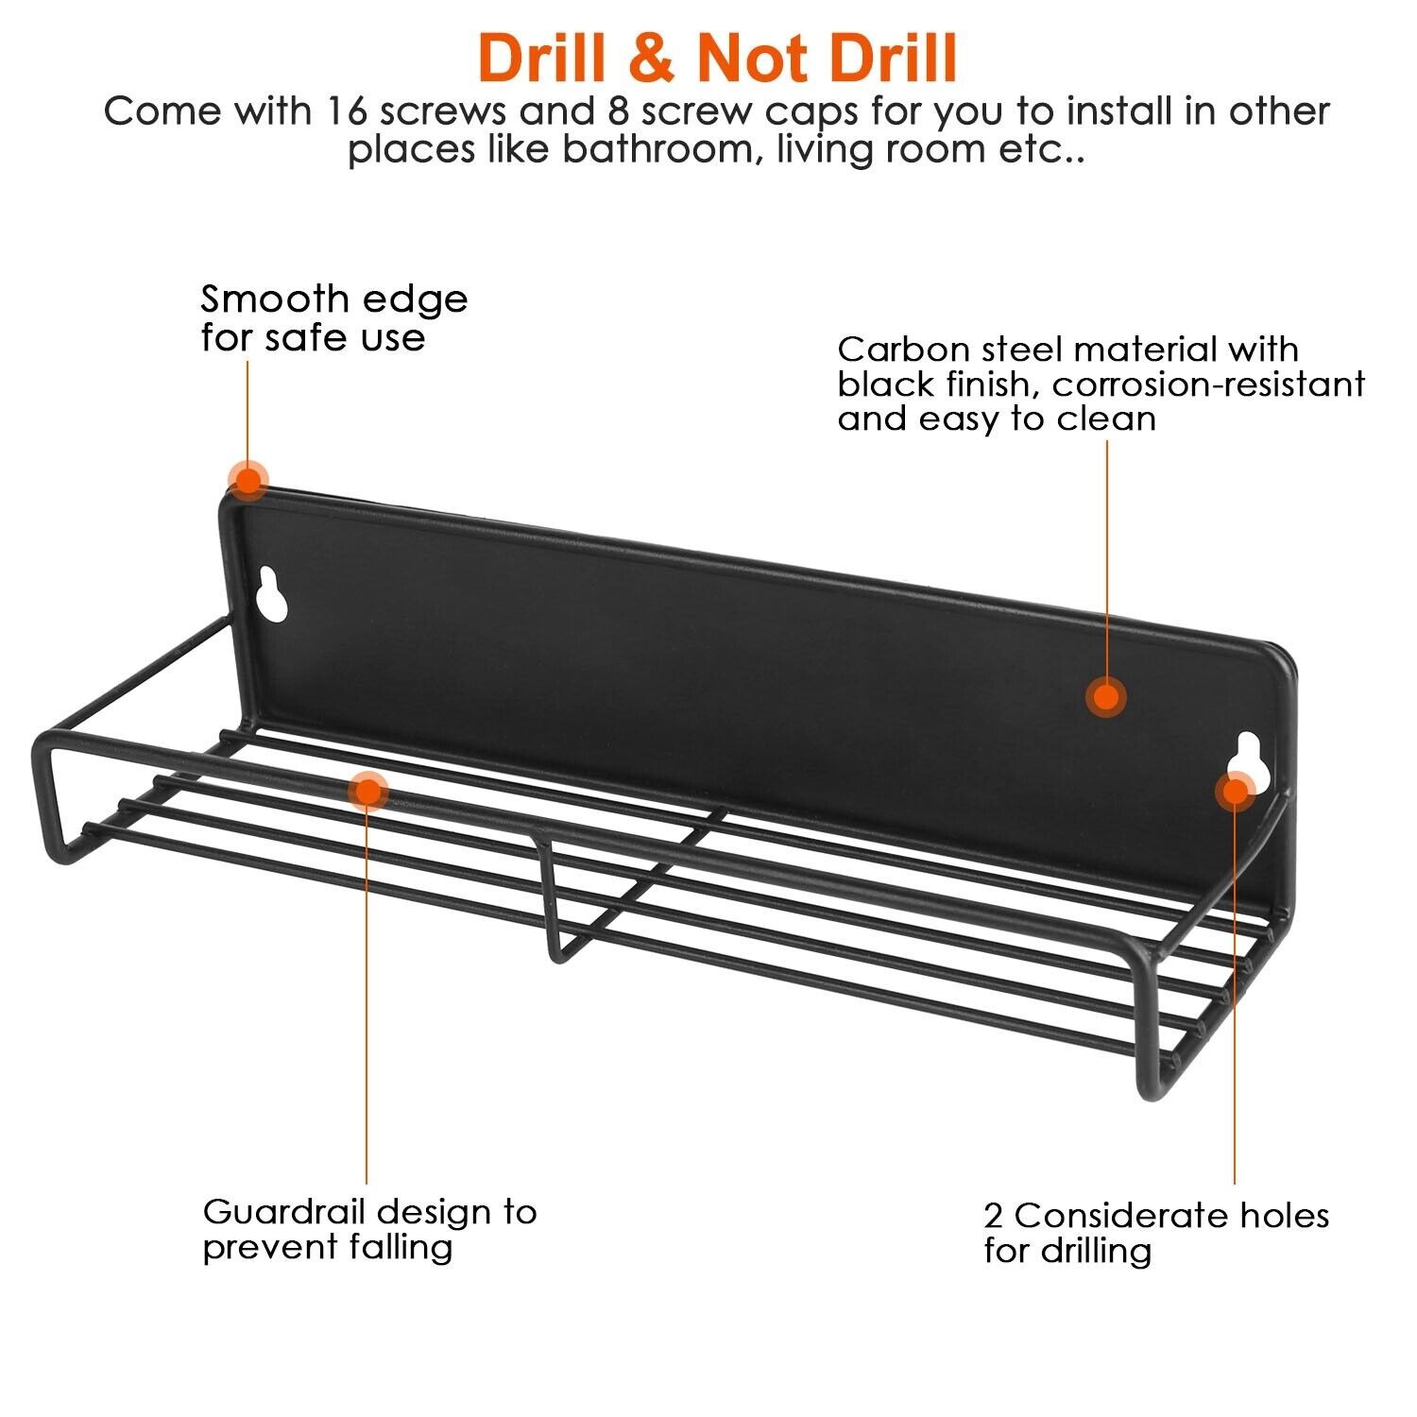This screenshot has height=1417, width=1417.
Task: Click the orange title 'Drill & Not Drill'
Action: [718, 58]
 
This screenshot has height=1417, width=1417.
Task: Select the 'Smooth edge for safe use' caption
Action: [333, 318]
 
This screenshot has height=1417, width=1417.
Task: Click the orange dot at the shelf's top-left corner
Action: [248, 480]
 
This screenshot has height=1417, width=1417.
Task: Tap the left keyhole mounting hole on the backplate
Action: [272, 594]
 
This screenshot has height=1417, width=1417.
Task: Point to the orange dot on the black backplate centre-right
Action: [1105, 697]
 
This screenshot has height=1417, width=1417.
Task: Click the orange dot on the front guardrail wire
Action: [367, 791]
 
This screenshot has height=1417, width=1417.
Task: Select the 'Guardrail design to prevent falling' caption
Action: [369, 1229]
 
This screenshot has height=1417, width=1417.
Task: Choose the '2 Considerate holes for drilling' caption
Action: [1156, 1233]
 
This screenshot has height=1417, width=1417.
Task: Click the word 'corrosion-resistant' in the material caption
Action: [1208, 384]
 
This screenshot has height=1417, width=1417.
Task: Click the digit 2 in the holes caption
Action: [993, 1216]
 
